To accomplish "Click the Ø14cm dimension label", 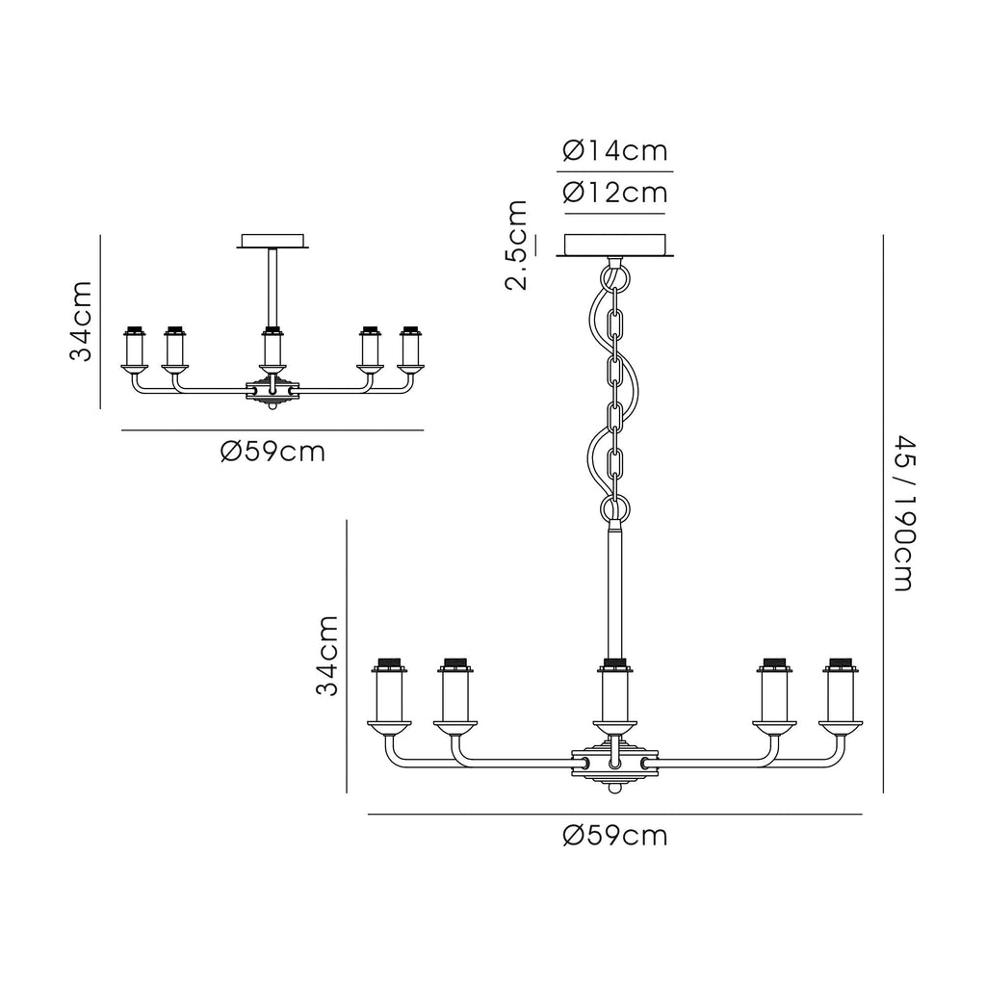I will click(x=615, y=151).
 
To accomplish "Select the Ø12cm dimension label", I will click(x=615, y=193).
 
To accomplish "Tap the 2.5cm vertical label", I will click(x=517, y=245).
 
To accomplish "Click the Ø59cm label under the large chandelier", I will click(x=615, y=836).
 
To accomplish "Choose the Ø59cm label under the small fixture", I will click(x=272, y=451).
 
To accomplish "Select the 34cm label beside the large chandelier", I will click(x=327, y=657).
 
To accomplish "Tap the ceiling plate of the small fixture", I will click(x=273, y=240).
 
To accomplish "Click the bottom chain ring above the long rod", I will click(x=613, y=507).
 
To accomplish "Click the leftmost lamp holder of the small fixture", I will click(x=134, y=348).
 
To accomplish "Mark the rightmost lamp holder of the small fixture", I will click(x=411, y=348).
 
